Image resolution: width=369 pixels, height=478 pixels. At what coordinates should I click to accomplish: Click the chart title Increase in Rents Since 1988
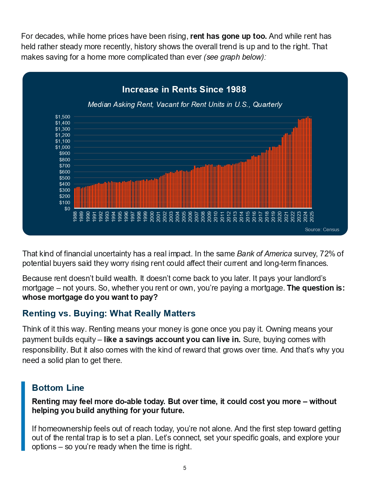pos(184,90)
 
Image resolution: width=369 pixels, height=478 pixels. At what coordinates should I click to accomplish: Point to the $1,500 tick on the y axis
pos(63,117)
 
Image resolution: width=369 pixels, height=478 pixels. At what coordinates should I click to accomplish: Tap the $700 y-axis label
pos(65,166)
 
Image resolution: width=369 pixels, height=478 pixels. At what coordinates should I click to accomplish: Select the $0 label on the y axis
pos(67,209)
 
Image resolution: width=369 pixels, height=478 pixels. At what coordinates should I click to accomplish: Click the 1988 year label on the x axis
pos(75,216)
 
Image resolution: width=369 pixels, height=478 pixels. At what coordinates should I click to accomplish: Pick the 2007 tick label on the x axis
pos(197,216)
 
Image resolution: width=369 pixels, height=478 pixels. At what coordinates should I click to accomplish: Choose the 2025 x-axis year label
pos(312,216)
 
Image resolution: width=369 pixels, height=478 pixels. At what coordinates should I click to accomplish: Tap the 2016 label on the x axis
pos(254,216)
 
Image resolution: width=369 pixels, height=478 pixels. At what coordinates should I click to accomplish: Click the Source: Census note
pos(322,229)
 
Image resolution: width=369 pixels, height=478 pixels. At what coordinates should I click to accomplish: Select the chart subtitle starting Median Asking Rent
pos(185,105)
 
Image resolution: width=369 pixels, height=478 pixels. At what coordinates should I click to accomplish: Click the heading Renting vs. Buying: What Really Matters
pos(109,313)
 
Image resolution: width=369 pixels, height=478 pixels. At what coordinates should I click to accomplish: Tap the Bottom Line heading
pos(58,388)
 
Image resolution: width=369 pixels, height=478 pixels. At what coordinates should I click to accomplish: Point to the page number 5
pos(185,468)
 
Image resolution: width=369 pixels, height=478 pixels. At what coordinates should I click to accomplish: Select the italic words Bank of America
pos(265,253)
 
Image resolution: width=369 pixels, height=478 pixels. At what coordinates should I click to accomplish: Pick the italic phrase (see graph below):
pos(235,57)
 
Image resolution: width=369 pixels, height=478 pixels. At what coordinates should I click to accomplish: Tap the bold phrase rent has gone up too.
pos(228,36)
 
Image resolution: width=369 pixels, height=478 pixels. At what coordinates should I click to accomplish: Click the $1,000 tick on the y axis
pos(63,147)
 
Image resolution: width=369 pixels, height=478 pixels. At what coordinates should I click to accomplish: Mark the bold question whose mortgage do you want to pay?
pos(90,297)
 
